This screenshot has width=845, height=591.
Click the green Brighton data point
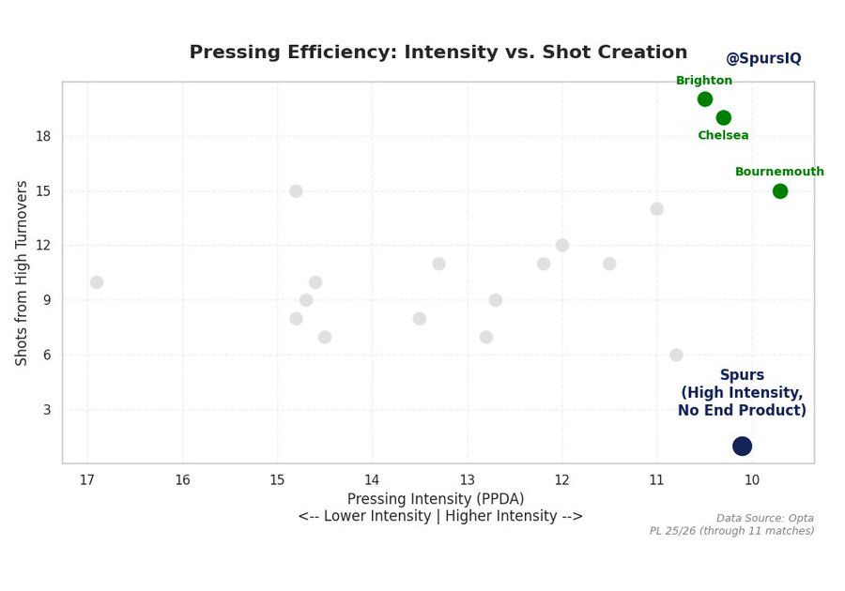pos(705,99)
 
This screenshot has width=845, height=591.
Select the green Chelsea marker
pos(724,117)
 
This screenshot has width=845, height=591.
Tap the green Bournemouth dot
pos(780,191)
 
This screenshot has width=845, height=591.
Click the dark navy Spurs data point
pos(743,446)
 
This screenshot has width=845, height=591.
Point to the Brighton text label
pos(704,81)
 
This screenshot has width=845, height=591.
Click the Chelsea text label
pos(723,135)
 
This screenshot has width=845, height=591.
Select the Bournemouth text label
pos(779,172)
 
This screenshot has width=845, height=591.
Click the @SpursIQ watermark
pos(763,58)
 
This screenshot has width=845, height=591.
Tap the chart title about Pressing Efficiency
pos(438,53)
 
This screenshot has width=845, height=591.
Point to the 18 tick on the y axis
pos(43,136)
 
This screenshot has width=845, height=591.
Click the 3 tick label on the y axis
pos(47,410)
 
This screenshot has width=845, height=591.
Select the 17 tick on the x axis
pos(87,480)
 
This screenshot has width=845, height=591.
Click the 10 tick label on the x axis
pos(751,480)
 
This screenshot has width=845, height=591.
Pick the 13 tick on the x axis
pos(467,480)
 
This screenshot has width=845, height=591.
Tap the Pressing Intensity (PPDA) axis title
pos(436,499)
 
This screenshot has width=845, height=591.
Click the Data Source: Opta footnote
pos(764,518)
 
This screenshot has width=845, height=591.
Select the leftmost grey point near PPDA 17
pos(97,282)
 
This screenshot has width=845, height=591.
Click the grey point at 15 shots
pos(296,191)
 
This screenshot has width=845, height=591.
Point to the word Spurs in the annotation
pos(742,375)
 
